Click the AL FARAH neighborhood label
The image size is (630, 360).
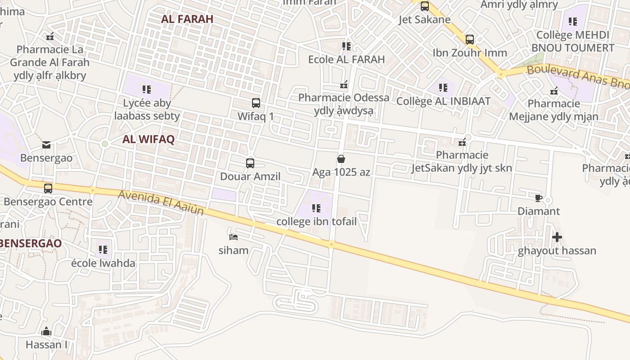pyautogui.click(x=187, y=19)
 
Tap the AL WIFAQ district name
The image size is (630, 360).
pyautogui.click(x=148, y=139)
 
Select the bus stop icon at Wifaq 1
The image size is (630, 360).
pyautogui.click(x=256, y=103)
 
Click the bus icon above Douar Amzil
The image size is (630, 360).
pyautogui.click(x=250, y=163)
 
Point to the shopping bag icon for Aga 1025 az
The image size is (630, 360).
pyautogui.click(x=341, y=159)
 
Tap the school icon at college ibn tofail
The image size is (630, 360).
pyautogui.click(x=316, y=208)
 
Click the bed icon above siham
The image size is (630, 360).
pyautogui.click(x=233, y=237)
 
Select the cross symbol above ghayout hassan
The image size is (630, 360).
pyautogui.click(x=557, y=237)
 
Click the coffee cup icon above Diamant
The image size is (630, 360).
pyautogui.click(x=539, y=198)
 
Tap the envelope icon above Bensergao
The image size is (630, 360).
pyautogui.click(x=46, y=145)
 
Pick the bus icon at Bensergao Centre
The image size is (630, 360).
pyautogui.click(x=48, y=189)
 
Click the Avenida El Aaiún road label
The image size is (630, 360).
pyautogui.click(x=161, y=202)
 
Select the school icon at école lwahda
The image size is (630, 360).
pyautogui.click(x=103, y=249)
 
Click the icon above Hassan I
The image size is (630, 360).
pyautogui.click(x=46, y=332)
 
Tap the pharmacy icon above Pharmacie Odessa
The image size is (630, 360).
pyautogui.click(x=344, y=85)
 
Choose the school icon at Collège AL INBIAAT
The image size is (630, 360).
pyautogui.click(x=443, y=88)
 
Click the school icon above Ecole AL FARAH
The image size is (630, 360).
pyautogui.click(x=346, y=46)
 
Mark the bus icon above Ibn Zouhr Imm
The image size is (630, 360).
pyautogui.click(x=470, y=40)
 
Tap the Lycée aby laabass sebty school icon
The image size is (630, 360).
pyautogui.click(x=147, y=90)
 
